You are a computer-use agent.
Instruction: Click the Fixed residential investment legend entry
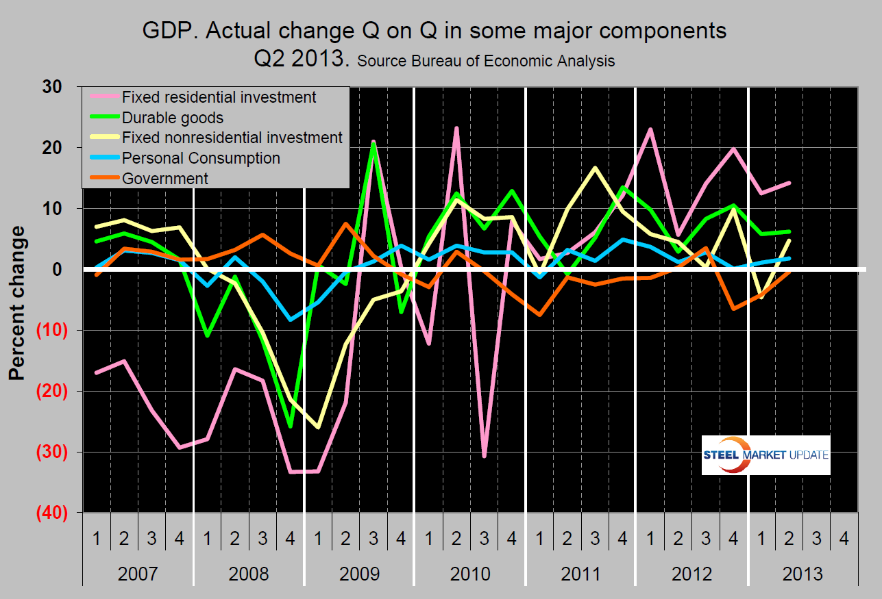click(218, 97)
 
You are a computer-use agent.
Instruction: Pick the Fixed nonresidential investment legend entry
click(232, 138)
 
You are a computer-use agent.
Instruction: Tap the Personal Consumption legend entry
click(201, 158)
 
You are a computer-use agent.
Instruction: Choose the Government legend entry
click(164, 179)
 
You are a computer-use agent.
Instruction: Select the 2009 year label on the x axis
click(359, 572)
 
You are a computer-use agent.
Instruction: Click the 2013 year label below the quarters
click(802, 572)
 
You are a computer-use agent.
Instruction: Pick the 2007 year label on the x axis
click(138, 572)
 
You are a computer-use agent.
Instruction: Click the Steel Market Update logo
click(765, 455)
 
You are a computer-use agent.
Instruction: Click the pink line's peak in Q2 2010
click(456, 128)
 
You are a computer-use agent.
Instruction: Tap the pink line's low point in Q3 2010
click(484, 456)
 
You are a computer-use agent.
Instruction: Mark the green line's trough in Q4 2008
click(290, 426)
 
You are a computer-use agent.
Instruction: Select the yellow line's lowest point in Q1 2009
click(318, 427)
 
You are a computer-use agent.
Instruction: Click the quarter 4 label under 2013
click(844, 539)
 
